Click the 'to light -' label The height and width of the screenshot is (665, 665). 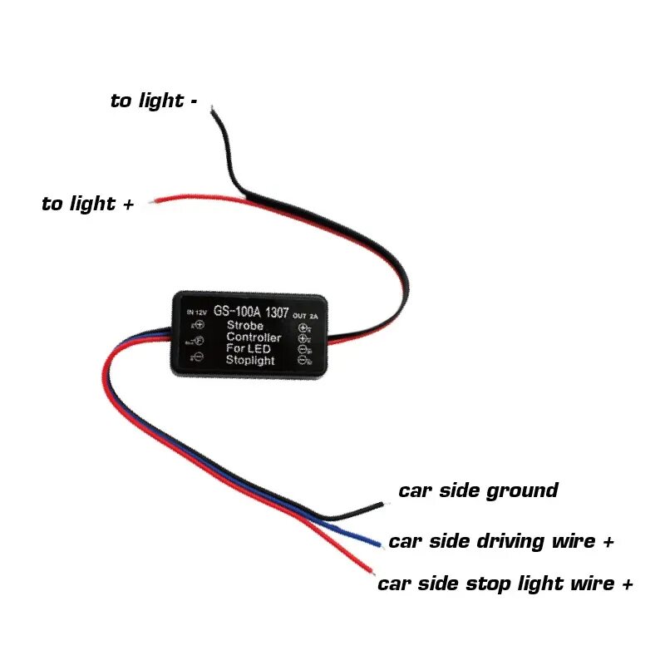point(154,101)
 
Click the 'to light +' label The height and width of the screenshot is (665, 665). point(88,204)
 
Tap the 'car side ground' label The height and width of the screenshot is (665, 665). point(478,491)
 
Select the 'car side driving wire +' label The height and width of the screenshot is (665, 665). point(501,543)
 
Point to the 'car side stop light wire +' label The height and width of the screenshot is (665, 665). point(505,584)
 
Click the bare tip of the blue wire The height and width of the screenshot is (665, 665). point(380,545)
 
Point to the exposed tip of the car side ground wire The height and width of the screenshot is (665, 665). point(383,504)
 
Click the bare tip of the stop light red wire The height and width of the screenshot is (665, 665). point(373,574)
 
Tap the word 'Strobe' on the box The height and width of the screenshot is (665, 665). point(246,326)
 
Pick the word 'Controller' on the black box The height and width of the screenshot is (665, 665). point(254,338)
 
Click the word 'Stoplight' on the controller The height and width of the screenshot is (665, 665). point(250,361)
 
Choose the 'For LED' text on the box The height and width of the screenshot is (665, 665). point(248,349)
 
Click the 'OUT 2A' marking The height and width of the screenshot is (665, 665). point(307,315)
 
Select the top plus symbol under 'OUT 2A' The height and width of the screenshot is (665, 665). point(303,326)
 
